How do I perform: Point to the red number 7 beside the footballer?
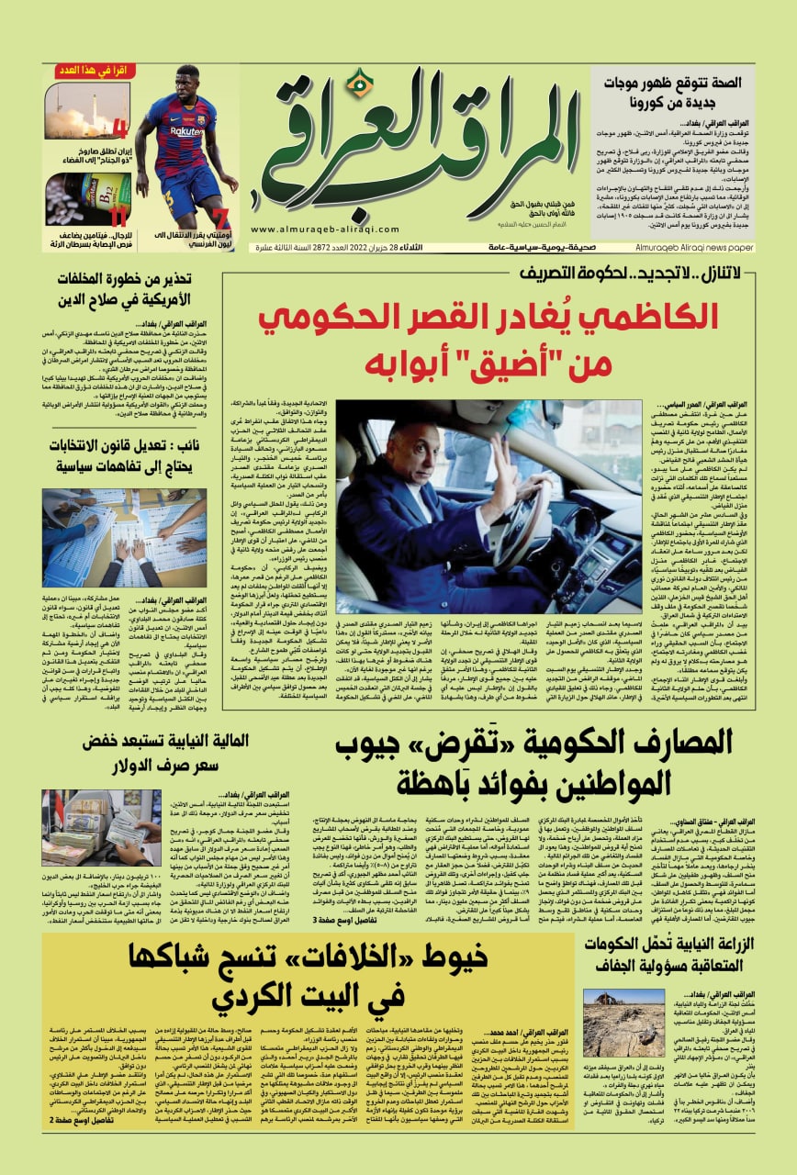coord(219,218)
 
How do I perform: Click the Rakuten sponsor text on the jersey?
coord(186,131)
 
